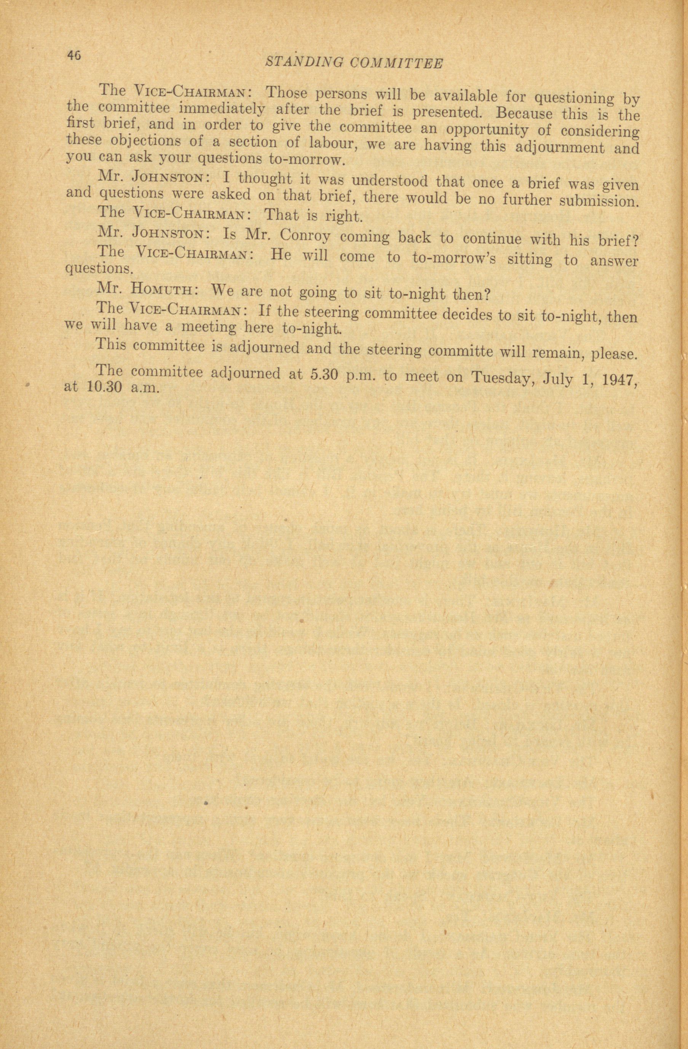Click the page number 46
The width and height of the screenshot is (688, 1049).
74,55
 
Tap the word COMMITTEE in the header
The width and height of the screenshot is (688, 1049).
396,64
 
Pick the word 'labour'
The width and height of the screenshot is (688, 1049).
330,144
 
